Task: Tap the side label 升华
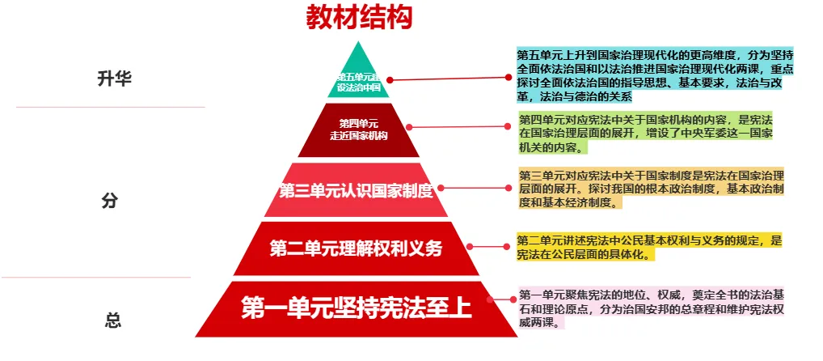pyautogui.click(x=113, y=79)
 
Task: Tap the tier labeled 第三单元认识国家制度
pyautogui.click(x=357, y=191)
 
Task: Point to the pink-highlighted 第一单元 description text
pyautogui.click(x=651, y=308)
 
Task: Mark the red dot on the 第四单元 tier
pyautogui.click(x=409, y=127)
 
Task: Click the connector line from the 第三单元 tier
pyautogui.click(x=477, y=188)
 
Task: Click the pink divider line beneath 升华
pyautogui.click(x=110, y=107)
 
